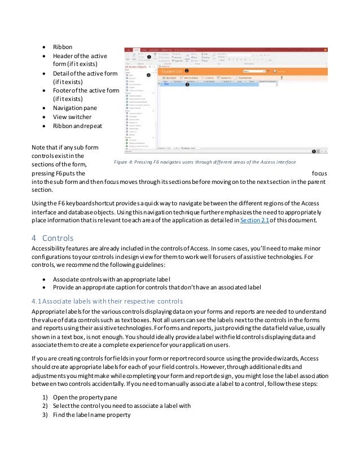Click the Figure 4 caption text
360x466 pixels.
[x=203, y=162]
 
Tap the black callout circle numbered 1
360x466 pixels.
[x=148, y=57]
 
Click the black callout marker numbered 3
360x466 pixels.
[x=187, y=83]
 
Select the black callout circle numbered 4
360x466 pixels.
[x=148, y=74]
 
